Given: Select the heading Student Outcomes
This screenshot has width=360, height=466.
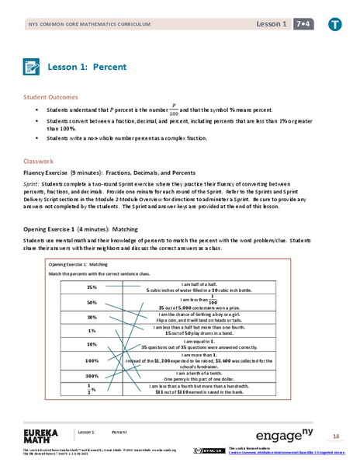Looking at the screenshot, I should click(50, 97).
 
